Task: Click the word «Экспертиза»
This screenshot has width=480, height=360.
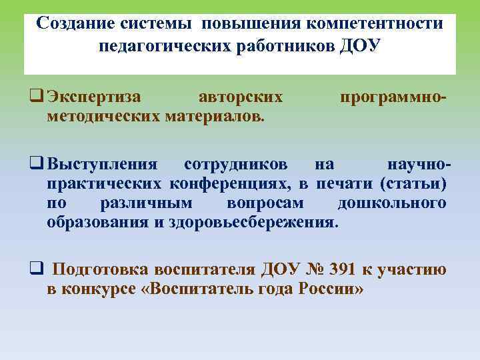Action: [x=94, y=97]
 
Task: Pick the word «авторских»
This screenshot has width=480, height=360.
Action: [x=241, y=97]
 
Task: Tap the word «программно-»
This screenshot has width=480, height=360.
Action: [x=393, y=97]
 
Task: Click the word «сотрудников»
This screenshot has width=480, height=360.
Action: [x=236, y=164]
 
